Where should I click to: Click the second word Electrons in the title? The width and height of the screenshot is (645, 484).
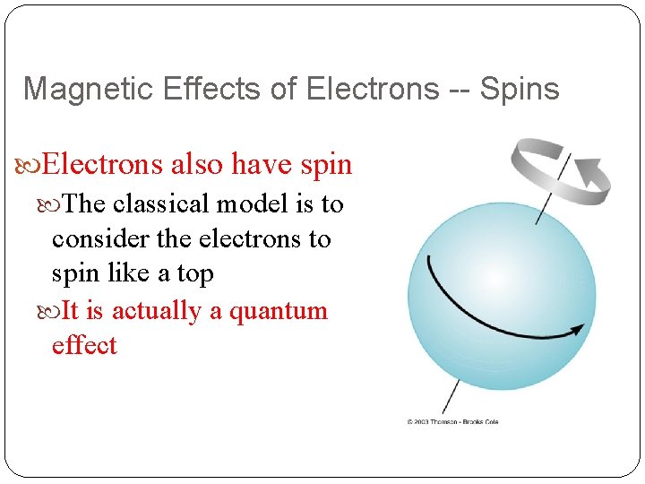(x=374, y=89)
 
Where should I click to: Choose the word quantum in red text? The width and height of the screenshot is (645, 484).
(x=279, y=311)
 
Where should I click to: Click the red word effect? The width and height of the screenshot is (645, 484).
(x=84, y=345)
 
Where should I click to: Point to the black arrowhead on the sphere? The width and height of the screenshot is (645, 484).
(x=576, y=327)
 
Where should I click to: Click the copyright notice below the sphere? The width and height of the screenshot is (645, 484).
(x=452, y=421)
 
